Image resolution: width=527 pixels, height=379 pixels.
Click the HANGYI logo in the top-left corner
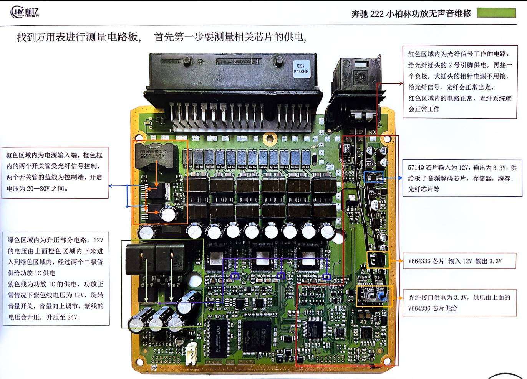click(25, 12)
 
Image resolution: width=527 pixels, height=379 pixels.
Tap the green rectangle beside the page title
click(496, 13)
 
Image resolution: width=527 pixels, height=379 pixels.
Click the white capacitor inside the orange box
click(168, 214)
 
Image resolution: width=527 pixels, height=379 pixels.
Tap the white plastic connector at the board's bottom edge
click(191, 353)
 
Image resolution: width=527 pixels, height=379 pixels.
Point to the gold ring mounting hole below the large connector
click(268, 138)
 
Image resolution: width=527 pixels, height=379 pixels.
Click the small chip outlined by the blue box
click(374, 177)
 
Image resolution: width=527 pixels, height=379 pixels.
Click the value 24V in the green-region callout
click(72, 317)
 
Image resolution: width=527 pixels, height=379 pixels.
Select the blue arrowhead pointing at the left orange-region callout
click(111, 186)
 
